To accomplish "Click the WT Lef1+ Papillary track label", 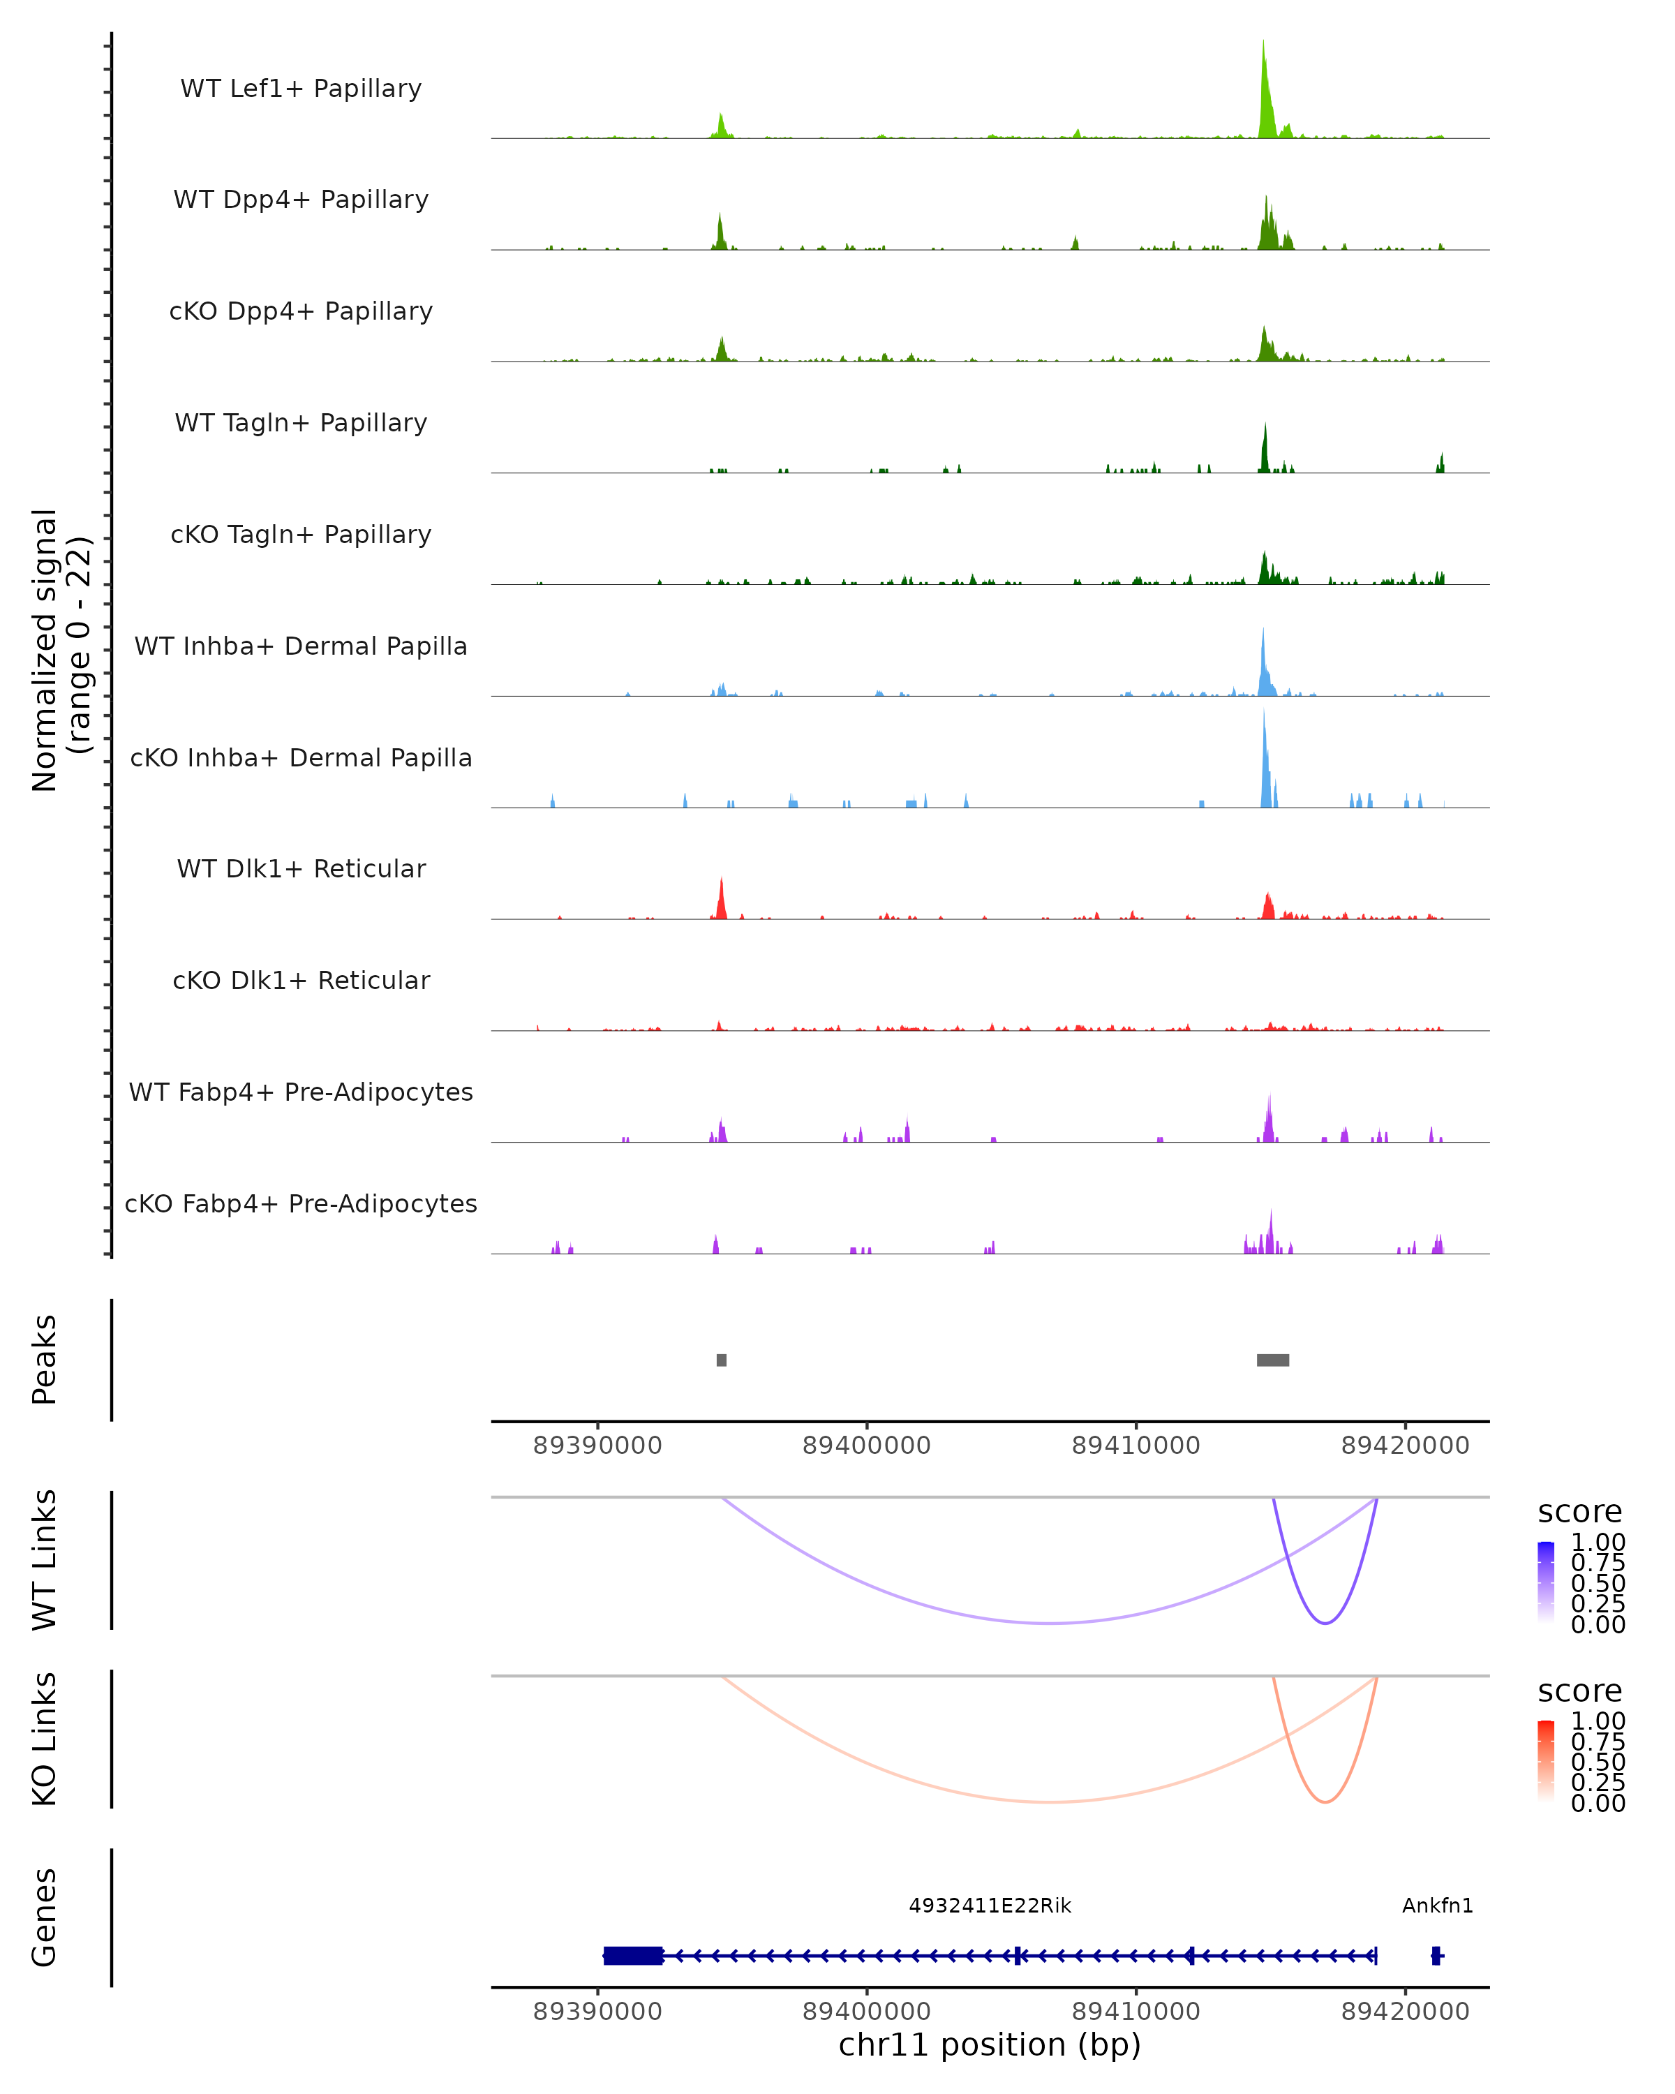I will (x=301, y=89).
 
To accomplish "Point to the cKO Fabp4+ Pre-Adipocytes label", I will (x=301, y=1203).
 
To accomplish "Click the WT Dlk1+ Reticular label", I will (x=301, y=868).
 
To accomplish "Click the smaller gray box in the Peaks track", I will (x=722, y=1360).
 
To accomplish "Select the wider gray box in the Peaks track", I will (x=1273, y=1360).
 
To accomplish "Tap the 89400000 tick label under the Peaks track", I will (x=866, y=1446).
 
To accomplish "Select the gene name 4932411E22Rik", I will (x=990, y=1906).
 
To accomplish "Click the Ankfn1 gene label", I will (x=1437, y=1906).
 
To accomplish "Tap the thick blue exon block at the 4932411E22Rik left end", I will (x=633, y=1955).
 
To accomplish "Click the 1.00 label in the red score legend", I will (x=1598, y=1721).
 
